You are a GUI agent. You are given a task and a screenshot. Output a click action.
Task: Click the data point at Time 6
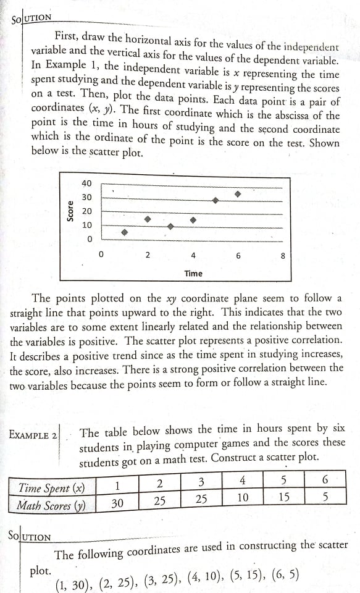238,194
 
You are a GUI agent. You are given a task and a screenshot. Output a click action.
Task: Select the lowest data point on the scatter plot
124,233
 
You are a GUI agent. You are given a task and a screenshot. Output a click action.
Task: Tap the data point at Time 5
215,200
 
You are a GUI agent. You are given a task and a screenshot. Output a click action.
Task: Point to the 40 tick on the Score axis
86,183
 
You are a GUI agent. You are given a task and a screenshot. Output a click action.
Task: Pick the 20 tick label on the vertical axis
86,211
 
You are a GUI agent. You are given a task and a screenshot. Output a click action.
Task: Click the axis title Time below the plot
193,273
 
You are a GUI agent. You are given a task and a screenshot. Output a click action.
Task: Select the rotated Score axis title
71,211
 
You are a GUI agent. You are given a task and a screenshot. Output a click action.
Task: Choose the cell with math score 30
117,503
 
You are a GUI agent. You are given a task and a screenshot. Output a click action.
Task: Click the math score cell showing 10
243,498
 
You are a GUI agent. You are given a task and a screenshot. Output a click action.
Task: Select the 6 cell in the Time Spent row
325,480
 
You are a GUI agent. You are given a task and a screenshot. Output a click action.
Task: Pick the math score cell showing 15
283,497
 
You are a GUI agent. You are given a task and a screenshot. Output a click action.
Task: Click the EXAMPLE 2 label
33,435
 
